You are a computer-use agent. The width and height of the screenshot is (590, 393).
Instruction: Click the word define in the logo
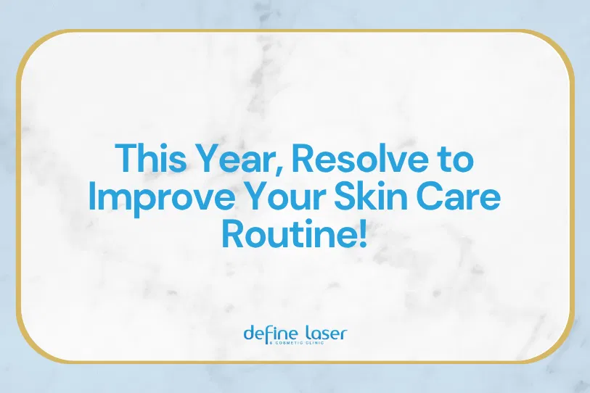coord(267,334)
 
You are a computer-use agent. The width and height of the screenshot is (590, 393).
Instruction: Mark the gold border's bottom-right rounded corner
coord(558,347)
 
